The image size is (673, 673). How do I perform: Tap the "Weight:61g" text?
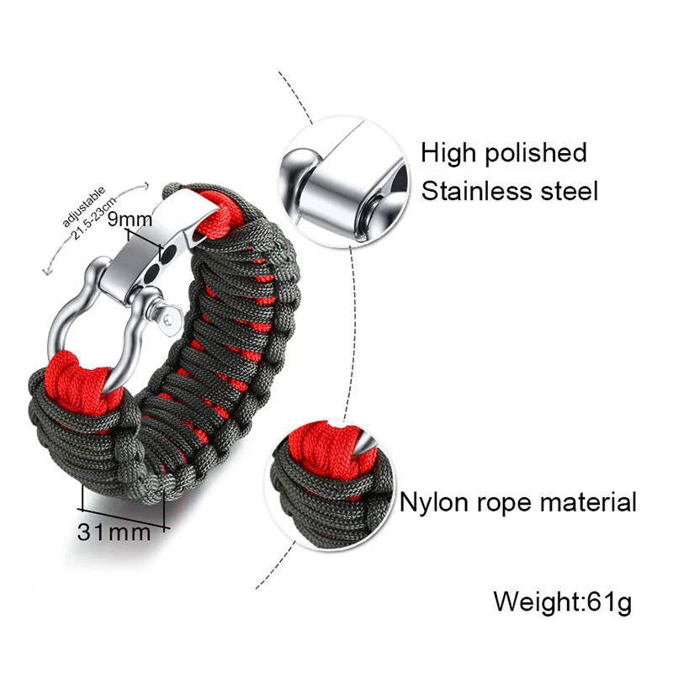[x=562, y=602]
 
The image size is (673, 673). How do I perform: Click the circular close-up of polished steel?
[x=342, y=182]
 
